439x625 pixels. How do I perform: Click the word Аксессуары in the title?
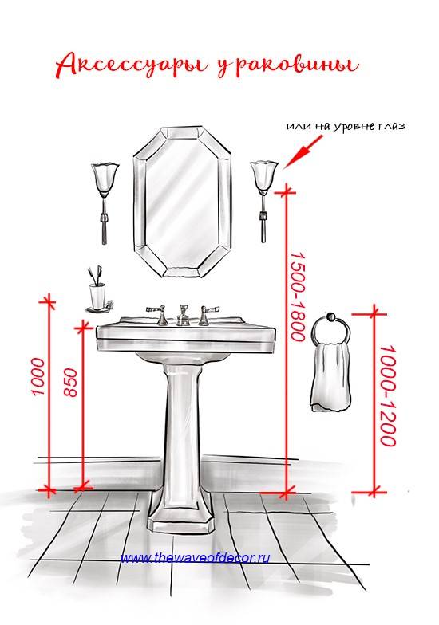tap(131, 65)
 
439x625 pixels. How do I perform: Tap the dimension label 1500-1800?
tap(298, 296)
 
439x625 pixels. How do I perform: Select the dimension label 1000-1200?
tap(388, 395)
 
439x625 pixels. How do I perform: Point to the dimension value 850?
tap(70, 382)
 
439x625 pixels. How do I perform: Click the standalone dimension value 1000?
tap(38, 376)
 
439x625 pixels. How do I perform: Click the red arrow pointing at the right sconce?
tap(303, 152)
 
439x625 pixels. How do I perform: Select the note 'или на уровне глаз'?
tap(346, 126)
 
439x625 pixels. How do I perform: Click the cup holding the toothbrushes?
tap(97, 296)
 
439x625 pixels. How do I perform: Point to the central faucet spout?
tap(184, 315)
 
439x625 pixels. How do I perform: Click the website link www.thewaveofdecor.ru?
tap(195, 558)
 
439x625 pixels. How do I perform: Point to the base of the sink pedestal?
tap(182, 522)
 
